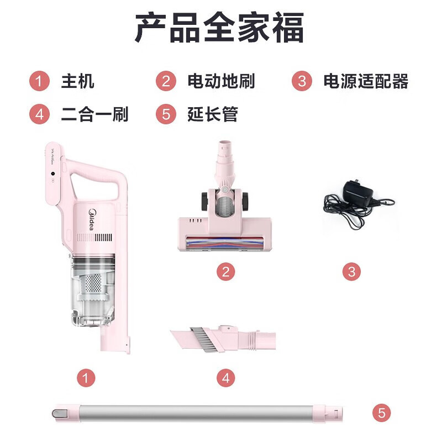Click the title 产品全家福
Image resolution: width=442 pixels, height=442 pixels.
[220, 28]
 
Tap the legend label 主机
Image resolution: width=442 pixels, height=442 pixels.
[77, 81]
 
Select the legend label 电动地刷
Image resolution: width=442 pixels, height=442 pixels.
[221, 81]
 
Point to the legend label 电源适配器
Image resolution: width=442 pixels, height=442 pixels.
[366, 81]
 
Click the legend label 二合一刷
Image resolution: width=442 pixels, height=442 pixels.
[94, 114]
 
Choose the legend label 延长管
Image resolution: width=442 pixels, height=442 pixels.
[213, 114]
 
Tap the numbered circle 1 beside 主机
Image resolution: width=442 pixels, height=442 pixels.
[39, 82]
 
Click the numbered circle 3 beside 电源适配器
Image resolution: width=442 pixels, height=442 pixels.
[302, 82]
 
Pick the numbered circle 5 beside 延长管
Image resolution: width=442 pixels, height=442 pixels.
[166, 115]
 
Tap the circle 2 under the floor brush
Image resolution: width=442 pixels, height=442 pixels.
[225, 272]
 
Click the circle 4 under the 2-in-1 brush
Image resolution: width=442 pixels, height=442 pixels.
[225, 378]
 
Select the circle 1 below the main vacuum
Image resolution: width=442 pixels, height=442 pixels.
[86, 378]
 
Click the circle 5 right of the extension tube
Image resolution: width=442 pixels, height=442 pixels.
[381, 413]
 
